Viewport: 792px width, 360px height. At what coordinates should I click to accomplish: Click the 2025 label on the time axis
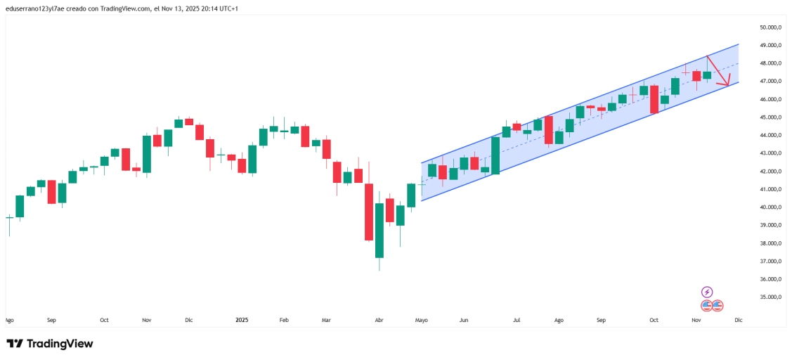tap(242, 320)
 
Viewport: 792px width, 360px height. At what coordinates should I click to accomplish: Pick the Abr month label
tap(379, 320)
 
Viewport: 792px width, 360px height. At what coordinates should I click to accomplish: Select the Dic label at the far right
tap(738, 320)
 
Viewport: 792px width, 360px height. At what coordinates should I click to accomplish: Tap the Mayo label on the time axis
tap(422, 320)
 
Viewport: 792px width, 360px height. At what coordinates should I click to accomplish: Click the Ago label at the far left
tap(9, 320)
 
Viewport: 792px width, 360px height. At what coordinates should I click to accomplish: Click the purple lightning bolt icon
tap(707, 292)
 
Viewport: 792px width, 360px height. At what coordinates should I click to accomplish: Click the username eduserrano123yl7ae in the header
tap(37, 8)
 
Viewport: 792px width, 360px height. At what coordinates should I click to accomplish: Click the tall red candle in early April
tap(369, 211)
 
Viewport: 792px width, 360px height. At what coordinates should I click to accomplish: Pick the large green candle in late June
tap(495, 155)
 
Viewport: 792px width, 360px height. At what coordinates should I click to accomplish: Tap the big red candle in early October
tap(654, 99)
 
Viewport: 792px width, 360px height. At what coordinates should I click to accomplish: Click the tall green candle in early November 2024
tap(147, 153)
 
